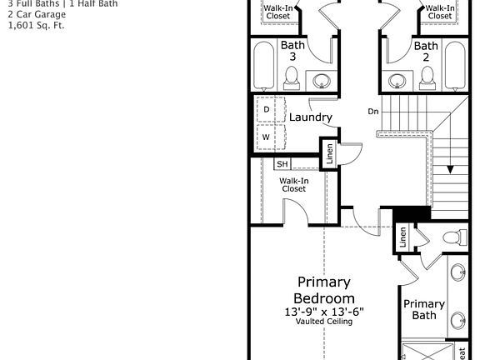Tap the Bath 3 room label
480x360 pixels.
[x=292, y=51]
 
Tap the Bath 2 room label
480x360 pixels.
[x=426, y=51]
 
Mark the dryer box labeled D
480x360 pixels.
[x=267, y=109]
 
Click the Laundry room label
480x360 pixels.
[x=311, y=117]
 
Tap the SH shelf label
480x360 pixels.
[x=282, y=164]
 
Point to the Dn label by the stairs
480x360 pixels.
[x=372, y=111]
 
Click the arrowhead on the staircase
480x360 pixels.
[x=450, y=168]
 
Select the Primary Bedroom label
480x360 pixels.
[x=324, y=290]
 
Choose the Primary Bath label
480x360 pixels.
[x=424, y=309]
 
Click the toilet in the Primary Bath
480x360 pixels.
[x=451, y=237]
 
